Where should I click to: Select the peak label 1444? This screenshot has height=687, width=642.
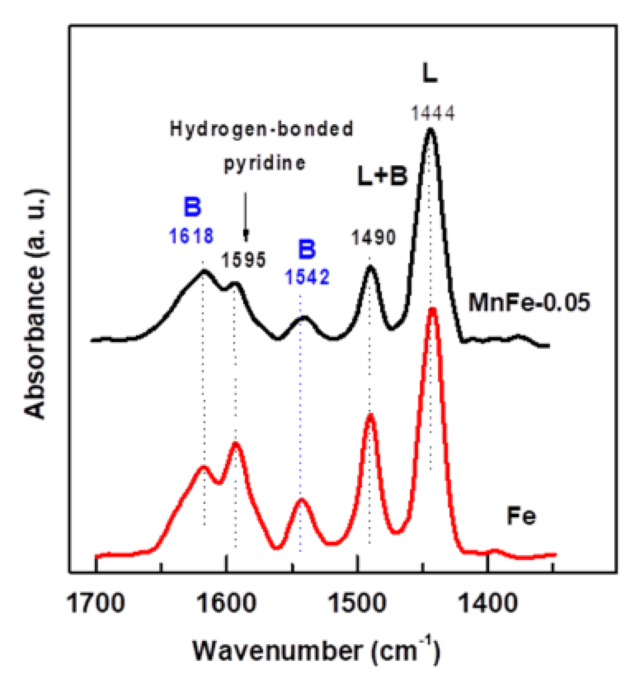tap(433, 113)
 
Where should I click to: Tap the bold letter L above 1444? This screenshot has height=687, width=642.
tap(429, 74)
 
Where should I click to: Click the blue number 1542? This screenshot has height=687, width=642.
tap(307, 277)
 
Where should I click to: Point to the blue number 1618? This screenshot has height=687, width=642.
tap(191, 236)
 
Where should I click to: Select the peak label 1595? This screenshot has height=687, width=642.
tap(243, 260)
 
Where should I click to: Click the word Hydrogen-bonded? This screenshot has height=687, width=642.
tap(261, 129)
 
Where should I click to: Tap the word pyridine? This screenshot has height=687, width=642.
tap(265, 164)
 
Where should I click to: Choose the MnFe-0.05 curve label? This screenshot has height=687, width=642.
tap(529, 302)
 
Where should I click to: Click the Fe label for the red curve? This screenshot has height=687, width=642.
tap(521, 516)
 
